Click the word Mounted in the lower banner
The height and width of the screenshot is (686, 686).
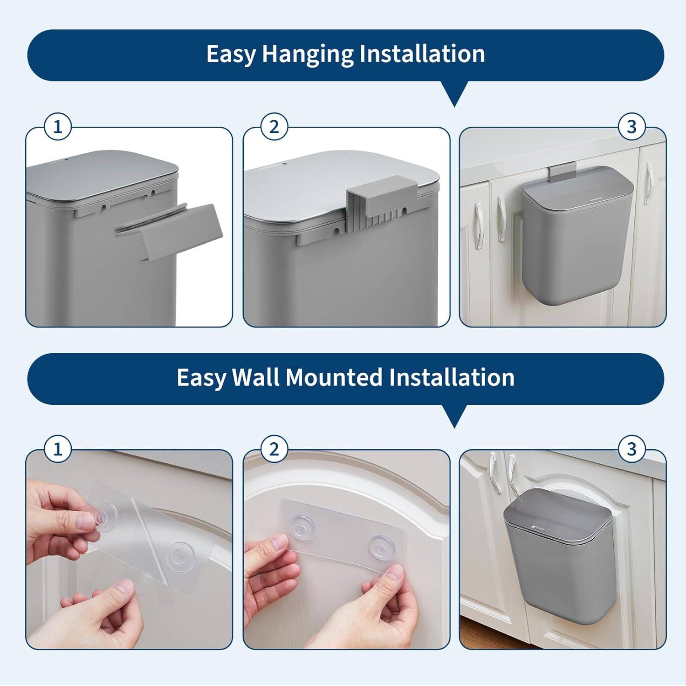tap(334, 378)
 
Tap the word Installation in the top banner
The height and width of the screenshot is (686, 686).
tap(422, 54)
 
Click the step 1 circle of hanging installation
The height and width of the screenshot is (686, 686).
tap(58, 127)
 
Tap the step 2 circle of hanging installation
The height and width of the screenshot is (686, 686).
tap(274, 127)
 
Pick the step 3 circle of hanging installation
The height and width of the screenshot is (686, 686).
tap(632, 127)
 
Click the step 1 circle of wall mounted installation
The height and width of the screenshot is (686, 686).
tap(58, 449)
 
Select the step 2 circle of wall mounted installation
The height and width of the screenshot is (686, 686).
tap(274, 449)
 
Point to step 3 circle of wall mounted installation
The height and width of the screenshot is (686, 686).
tap(632, 449)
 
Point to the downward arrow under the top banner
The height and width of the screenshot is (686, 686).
tap(454, 94)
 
